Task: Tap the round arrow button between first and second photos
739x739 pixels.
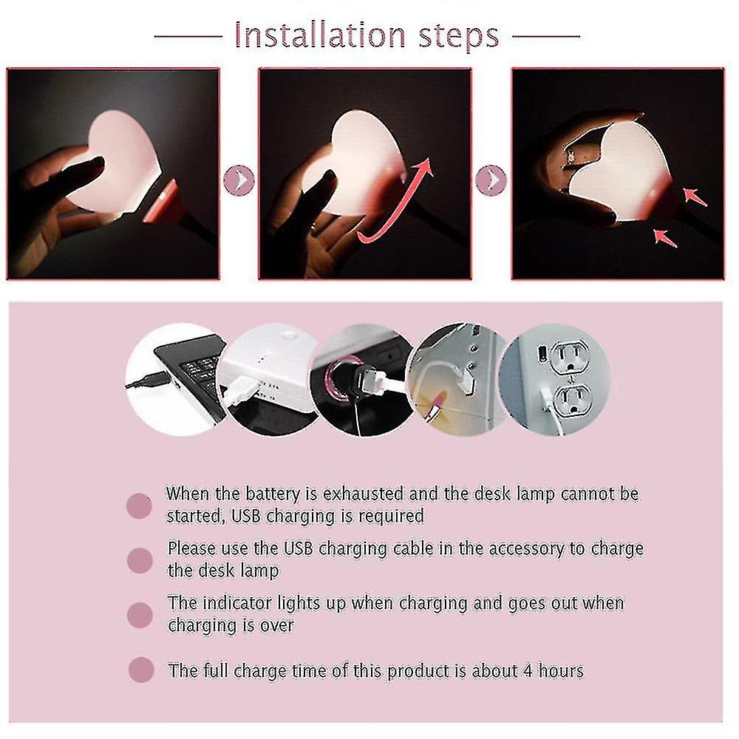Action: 238,180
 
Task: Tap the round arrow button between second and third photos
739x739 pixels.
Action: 491,180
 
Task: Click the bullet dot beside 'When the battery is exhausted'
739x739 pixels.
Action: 139,506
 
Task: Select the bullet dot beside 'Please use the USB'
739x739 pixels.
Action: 139,560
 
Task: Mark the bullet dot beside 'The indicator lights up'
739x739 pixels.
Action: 139,614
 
